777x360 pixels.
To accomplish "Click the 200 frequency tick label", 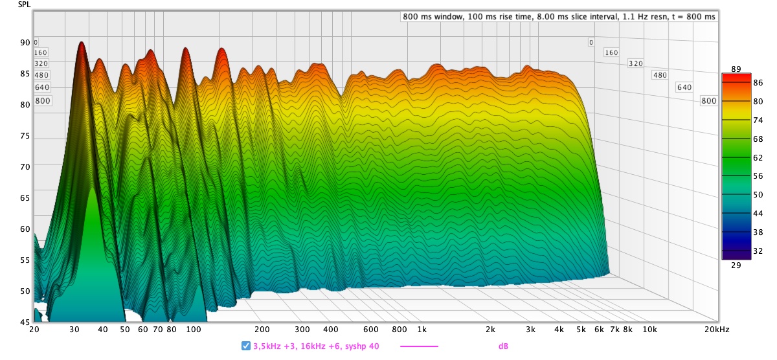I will [x=262, y=329].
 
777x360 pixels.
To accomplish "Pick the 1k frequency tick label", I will [x=422, y=329].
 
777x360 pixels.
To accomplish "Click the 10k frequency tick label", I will [x=648, y=329].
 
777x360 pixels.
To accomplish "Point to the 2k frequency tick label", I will [x=491, y=329].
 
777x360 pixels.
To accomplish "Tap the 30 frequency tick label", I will [x=74, y=329].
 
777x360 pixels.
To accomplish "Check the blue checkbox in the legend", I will [x=246, y=346].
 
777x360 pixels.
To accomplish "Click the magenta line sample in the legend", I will [x=419, y=346].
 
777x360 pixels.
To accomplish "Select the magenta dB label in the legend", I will [x=503, y=346].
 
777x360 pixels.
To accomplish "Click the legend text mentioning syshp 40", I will [x=316, y=346].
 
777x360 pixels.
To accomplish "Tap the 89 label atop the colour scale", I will [x=736, y=69].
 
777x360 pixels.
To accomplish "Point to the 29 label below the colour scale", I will [x=736, y=265].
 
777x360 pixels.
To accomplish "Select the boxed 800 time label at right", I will [x=709, y=100].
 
